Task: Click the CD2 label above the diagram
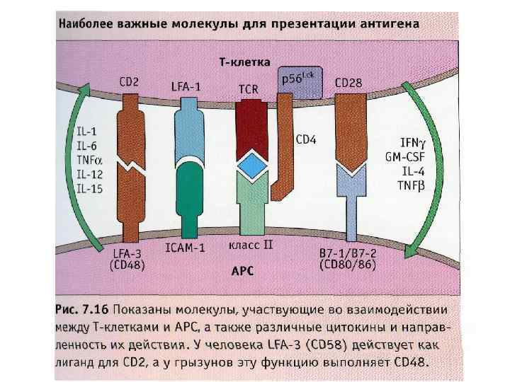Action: coord(129,82)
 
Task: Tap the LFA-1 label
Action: coord(186,86)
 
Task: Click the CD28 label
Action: coord(348,83)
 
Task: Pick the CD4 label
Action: coord(305,140)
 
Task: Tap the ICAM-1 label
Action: coord(185,249)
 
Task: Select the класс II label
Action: coord(250,246)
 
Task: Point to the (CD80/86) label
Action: coord(347,265)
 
